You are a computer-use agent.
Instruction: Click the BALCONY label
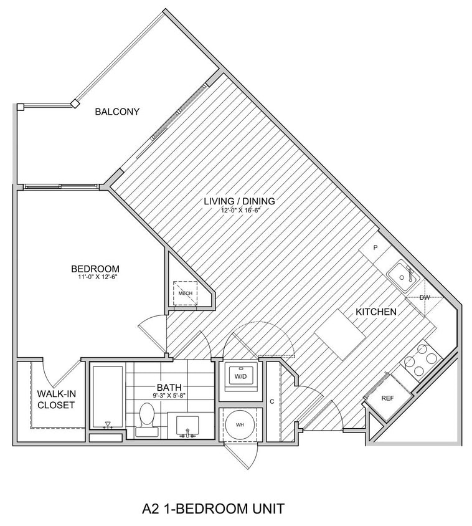tap(117, 112)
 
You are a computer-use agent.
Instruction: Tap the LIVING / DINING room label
tap(240, 201)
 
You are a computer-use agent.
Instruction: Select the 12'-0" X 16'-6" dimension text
tap(240, 211)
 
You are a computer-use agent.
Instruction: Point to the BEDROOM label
tap(95, 269)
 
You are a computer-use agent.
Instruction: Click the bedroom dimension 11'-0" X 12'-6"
tap(95, 277)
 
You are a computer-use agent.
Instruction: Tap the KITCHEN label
tap(376, 311)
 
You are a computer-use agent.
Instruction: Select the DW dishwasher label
tap(425, 298)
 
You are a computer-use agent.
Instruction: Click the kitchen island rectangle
tap(340, 334)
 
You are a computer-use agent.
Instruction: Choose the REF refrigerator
tap(387, 397)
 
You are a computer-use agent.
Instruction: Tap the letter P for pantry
tap(375, 247)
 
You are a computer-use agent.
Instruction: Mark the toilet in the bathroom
tap(147, 417)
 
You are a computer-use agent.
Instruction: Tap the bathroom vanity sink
tap(185, 426)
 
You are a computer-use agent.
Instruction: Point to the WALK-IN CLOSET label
tap(55, 399)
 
